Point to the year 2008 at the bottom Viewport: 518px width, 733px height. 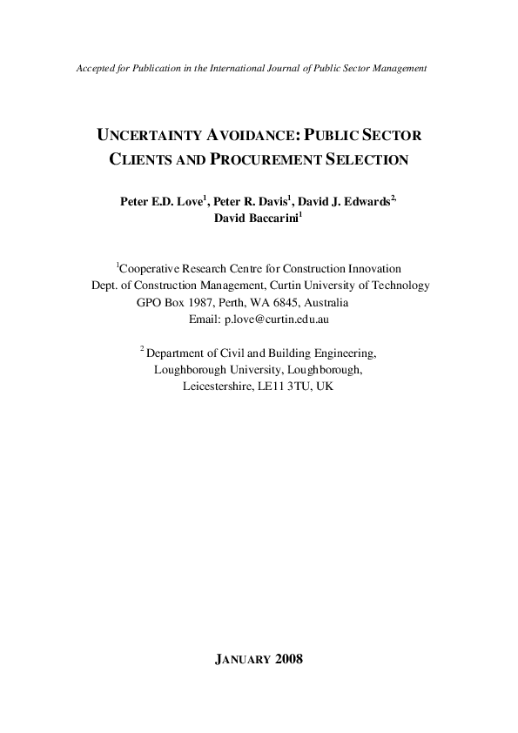pos(287,659)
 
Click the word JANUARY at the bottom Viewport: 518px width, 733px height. pos(241,659)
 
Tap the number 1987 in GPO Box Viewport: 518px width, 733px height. pos(206,303)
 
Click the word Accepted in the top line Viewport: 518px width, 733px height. pos(97,68)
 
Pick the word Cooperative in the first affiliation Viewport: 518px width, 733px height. pos(149,269)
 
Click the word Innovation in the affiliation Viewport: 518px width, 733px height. pos(373,269)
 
